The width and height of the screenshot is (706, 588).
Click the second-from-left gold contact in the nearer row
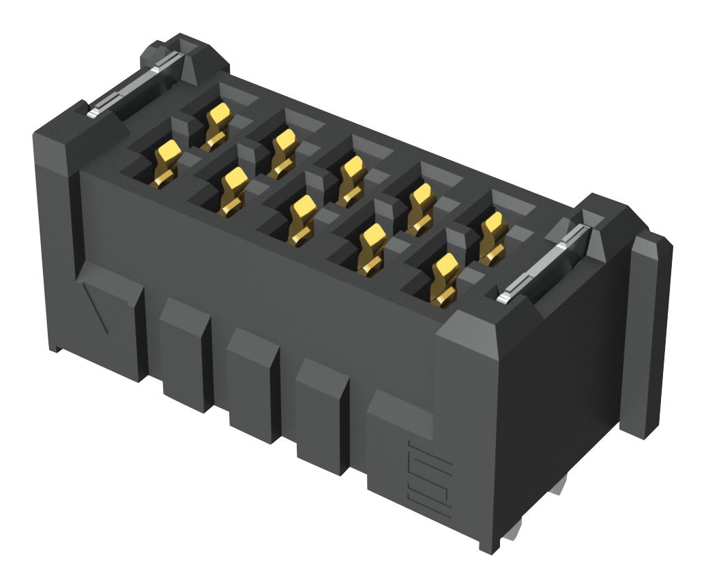tap(233, 191)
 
